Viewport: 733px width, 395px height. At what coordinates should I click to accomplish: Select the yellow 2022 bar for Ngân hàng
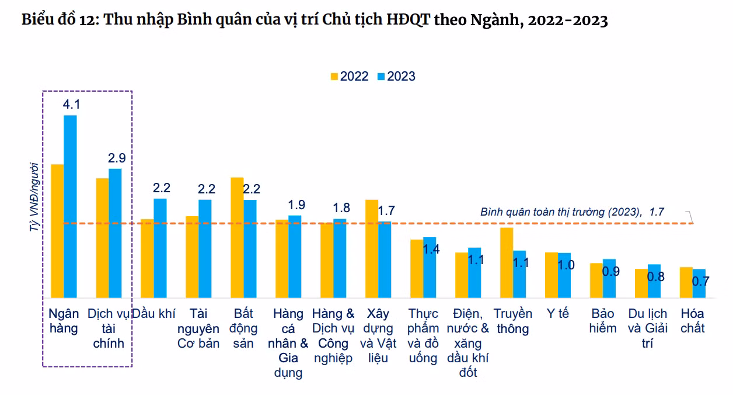click(57, 231)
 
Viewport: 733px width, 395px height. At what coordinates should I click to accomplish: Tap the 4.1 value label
click(71, 105)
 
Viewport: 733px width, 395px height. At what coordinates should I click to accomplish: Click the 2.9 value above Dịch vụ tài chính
click(116, 158)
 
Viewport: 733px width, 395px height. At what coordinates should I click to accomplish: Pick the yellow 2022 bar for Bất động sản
click(237, 237)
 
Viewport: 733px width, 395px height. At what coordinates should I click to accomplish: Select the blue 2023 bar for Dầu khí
click(160, 248)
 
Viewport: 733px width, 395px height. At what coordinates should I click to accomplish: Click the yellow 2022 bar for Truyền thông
click(507, 262)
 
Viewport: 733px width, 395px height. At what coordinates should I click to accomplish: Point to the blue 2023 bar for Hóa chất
click(699, 283)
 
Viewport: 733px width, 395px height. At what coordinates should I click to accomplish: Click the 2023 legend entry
click(396, 77)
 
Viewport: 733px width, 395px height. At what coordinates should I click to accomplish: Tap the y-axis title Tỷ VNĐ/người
click(34, 197)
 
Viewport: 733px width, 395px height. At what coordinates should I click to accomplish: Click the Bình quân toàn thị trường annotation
click(572, 212)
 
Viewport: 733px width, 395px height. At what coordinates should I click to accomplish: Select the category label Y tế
click(557, 314)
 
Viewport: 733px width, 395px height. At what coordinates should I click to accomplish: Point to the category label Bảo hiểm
click(602, 321)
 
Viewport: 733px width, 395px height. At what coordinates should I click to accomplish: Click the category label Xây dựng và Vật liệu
click(378, 335)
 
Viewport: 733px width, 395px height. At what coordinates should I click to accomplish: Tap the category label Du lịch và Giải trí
click(647, 328)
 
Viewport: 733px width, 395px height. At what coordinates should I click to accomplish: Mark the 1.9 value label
click(296, 205)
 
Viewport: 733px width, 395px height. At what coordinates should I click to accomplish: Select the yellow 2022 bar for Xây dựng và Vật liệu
click(372, 248)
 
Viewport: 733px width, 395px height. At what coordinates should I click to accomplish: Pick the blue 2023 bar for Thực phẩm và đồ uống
click(430, 268)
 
